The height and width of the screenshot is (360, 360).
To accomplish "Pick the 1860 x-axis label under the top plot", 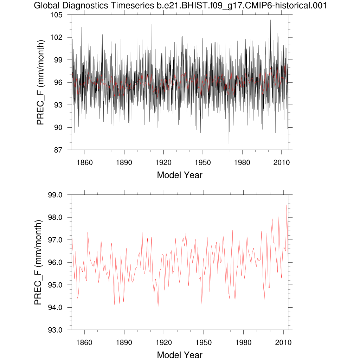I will click(85, 162).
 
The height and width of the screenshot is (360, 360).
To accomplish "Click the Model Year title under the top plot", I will click(180, 175).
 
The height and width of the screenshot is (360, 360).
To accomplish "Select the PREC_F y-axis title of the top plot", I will click(40, 83).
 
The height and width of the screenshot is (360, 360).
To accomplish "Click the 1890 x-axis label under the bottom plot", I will click(124, 342).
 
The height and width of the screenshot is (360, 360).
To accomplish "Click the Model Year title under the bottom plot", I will click(180, 355).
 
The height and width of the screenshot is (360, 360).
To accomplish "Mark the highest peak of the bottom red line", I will click(287, 205).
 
